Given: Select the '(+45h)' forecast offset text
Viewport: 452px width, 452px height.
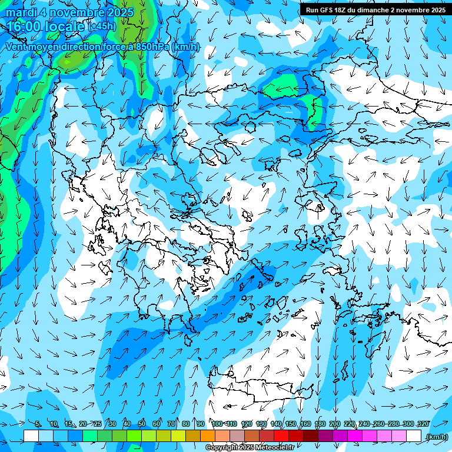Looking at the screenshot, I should pyautogui.click(x=102, y=26).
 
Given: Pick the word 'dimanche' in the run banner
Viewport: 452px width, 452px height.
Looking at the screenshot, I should pyautogui.click(x=373, y=10).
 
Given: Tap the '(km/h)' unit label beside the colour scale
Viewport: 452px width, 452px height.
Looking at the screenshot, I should pyautogui.click(x=437, y=437).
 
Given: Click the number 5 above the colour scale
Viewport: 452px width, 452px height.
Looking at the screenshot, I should pyautogui.click(x=38, y=424).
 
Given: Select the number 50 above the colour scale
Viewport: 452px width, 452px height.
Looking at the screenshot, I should pyautogui.click(x=142, y=424).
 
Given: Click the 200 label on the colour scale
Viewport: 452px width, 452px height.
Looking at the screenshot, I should pyautogui.click(x=335, y=424).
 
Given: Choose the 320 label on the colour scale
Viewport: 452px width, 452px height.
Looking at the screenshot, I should pyautogui.click(x=423, y=424).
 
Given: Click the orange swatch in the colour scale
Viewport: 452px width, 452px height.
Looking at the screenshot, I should pyautogui.click(x=208, y=436).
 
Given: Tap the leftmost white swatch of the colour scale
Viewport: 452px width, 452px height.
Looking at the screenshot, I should pyautogui.click(x=31, y=436).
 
